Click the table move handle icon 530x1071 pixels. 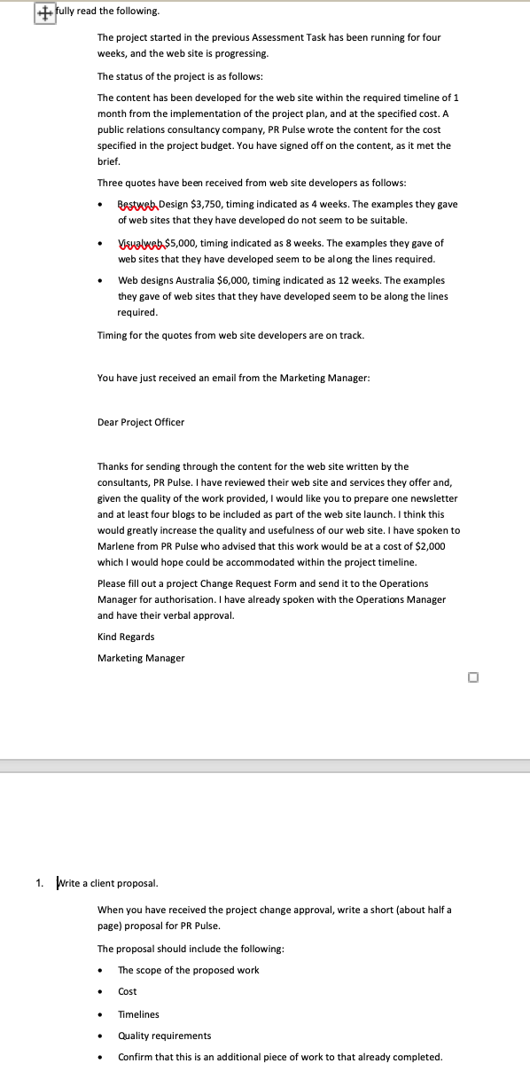43,14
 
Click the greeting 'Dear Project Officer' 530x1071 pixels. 141,422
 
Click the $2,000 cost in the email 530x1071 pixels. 428,546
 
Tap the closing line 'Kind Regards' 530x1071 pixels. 126,637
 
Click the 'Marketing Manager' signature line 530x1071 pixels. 141,658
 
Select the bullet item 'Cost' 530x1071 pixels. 128,991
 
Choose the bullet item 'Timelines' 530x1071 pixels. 138,1014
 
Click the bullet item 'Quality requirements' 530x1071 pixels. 165,1036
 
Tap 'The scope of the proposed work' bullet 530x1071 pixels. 189,970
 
